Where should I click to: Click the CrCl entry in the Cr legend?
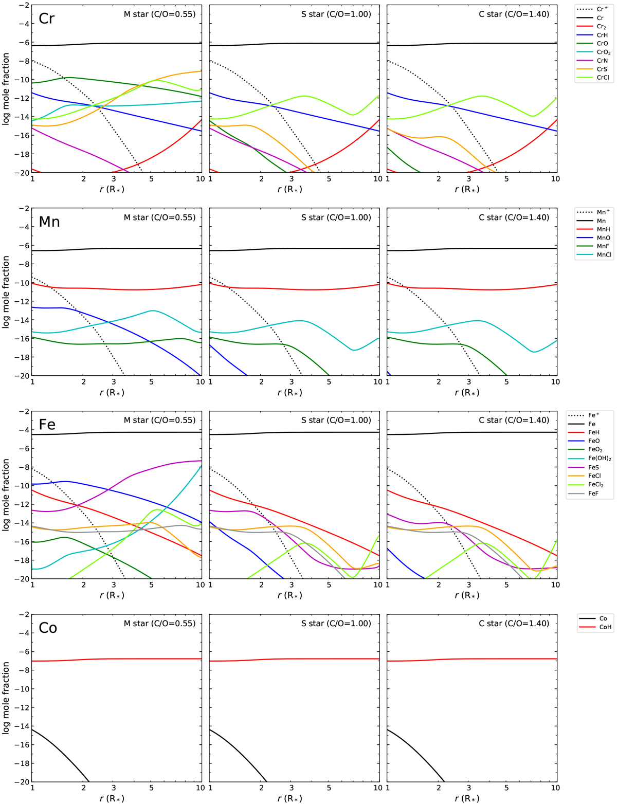591,78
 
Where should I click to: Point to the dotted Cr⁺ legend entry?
591,9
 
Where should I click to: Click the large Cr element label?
47,19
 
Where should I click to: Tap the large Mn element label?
49,222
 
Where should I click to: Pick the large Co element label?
48,628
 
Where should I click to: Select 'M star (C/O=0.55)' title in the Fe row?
159,420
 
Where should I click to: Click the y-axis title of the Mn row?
6,292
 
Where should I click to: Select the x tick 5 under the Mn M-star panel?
151,382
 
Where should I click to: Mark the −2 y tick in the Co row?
23,614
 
